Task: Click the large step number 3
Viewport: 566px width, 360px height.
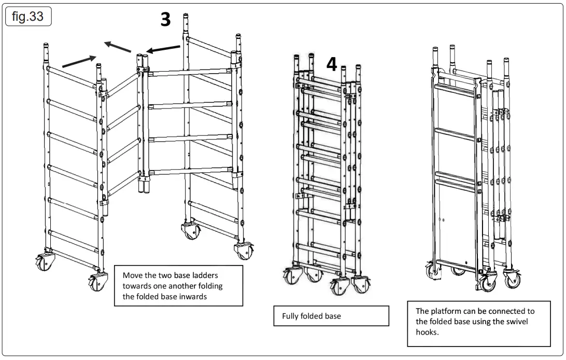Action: (165, 20)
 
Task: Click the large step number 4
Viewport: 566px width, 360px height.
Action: (332, 65)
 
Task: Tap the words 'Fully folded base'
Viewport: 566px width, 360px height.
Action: (312, 316)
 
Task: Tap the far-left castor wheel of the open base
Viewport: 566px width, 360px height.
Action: (42, 261)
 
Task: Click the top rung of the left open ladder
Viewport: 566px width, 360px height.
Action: (73, 76)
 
